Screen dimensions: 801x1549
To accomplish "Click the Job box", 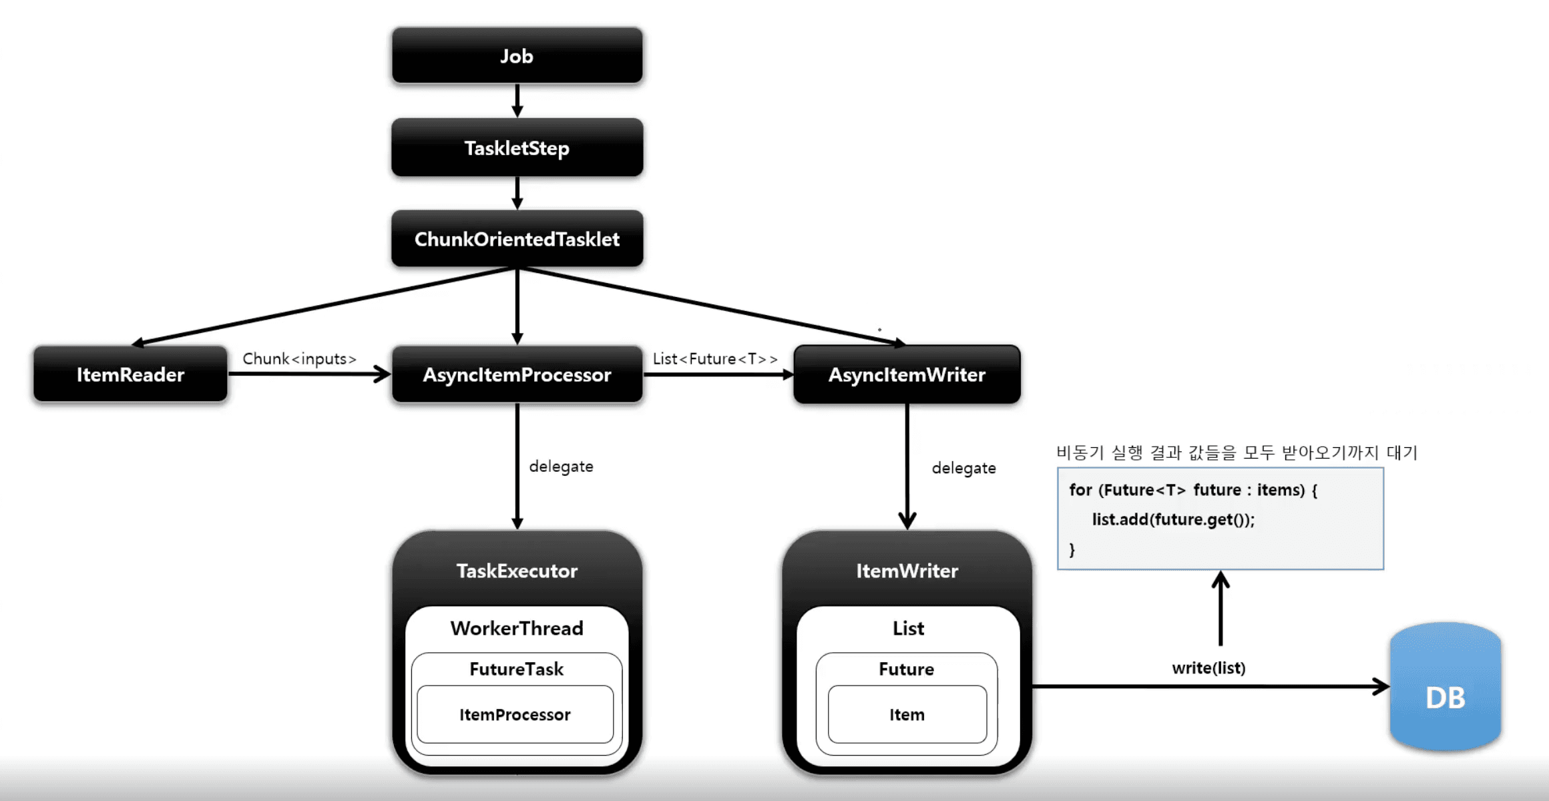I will (x=517, y=56).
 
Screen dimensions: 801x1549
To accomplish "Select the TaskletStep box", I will (x=517, y=148).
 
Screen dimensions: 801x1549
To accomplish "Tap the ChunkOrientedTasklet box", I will (x=517, y=239).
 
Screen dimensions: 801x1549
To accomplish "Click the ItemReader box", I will (x=130, y=374).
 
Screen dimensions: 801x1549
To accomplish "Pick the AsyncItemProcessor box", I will (x=517, y=374).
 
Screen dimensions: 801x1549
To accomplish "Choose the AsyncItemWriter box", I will (x=907, y=374).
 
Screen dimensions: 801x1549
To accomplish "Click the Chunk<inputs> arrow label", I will (x=299, y=358).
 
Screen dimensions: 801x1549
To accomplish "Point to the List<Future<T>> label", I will (x=715, y=358).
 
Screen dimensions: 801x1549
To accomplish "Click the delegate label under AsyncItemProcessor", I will (x=561, y=466).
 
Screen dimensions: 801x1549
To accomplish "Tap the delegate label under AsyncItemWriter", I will (x=963, y=468).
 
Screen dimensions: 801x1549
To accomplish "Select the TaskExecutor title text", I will (x=517, y=571).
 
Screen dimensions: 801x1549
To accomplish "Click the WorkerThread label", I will (x=517, y=628).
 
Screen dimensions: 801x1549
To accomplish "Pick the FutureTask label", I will (x=516, y=669).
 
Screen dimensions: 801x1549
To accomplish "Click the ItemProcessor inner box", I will (x=515, y=714).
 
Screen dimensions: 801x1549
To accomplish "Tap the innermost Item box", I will (x=907, y=714).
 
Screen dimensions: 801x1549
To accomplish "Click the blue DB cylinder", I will (x=1445, y=688).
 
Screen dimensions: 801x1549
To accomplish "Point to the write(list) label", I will (x=1208, y=667).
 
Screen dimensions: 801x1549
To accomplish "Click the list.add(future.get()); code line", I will (x=1173, y=519).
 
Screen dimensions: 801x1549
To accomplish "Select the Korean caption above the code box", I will (x=1237, y=453).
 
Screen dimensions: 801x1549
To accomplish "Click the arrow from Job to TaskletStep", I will (x=517, y=100).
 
